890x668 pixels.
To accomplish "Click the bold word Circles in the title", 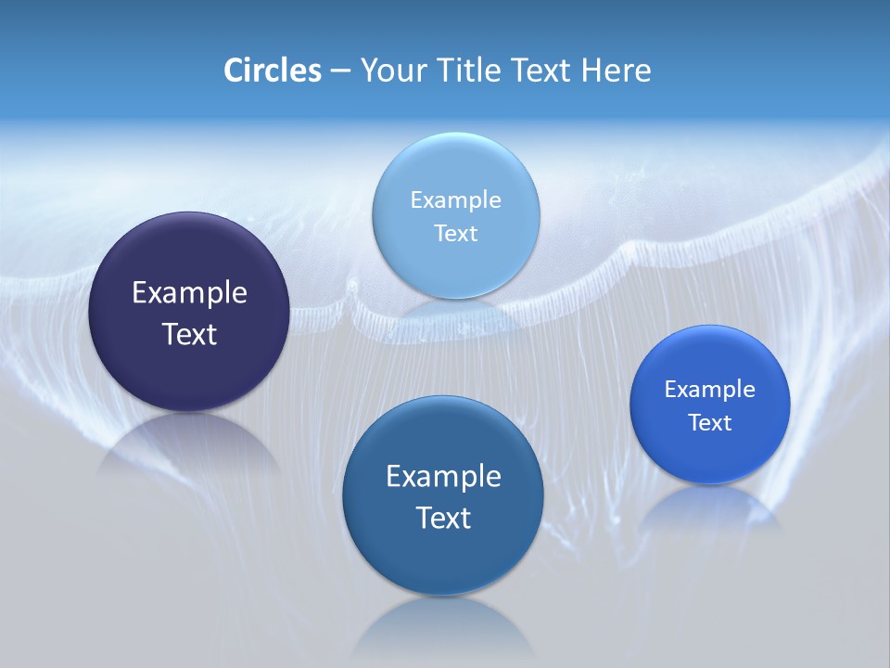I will [x=272, y=71].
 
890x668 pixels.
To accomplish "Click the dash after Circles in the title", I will [x=339, y=71].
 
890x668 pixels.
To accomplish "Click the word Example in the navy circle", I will [x=189, y=292].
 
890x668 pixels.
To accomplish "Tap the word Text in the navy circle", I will [x=189, y=334].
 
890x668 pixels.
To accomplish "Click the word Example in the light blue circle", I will [x=455, y=199].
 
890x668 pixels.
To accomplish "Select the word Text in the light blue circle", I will [x=455, y=233].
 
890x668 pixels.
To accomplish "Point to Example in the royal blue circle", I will [x=709, y=389].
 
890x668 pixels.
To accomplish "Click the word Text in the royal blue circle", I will [x=709, y=422].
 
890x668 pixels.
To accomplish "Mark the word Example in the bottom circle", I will [x=442, y=476].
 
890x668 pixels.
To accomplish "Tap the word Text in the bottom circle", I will [x=442, y=518].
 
